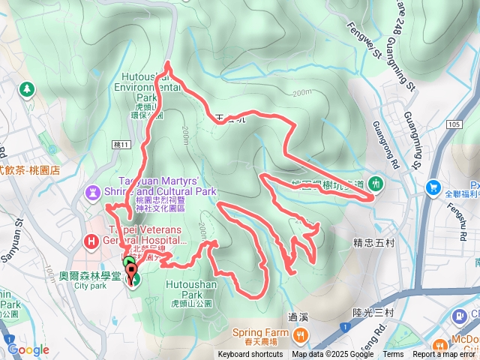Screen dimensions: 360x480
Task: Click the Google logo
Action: [x=28, y=349]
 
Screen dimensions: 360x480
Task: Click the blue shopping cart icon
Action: [x=433, y=187]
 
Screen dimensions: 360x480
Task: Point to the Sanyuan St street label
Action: [x=15, y=237]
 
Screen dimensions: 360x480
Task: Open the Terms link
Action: [x=393, y=355]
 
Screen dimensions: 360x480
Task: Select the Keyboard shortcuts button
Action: [x=251, y=355]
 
